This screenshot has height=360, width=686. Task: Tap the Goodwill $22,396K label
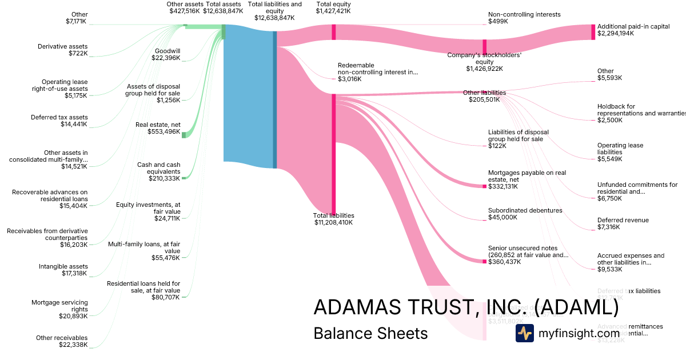[x=167, y=54]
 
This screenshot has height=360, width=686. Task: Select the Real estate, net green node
[x=184, y=135]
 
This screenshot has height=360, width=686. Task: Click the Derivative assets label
[x=63, y=50]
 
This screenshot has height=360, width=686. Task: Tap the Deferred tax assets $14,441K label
[x=59, y=121]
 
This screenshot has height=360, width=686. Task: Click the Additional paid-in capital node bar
[x=593, y=32]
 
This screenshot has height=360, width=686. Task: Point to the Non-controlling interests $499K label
[x=524, y=18]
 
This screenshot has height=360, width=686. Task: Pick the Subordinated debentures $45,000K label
[x=525, y=214]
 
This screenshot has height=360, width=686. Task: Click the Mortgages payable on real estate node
[x=484, y=186]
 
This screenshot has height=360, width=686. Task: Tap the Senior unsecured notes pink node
[x=484, y=262]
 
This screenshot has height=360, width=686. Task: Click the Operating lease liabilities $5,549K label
[x=620, y=152]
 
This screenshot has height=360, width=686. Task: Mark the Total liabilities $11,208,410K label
[x=333, y=219]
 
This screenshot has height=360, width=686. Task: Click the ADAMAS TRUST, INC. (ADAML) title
[x=466, y=307]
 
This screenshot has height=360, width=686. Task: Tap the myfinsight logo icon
[x=524, y=333]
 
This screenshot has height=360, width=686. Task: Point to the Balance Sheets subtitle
[x=370, y=333]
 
